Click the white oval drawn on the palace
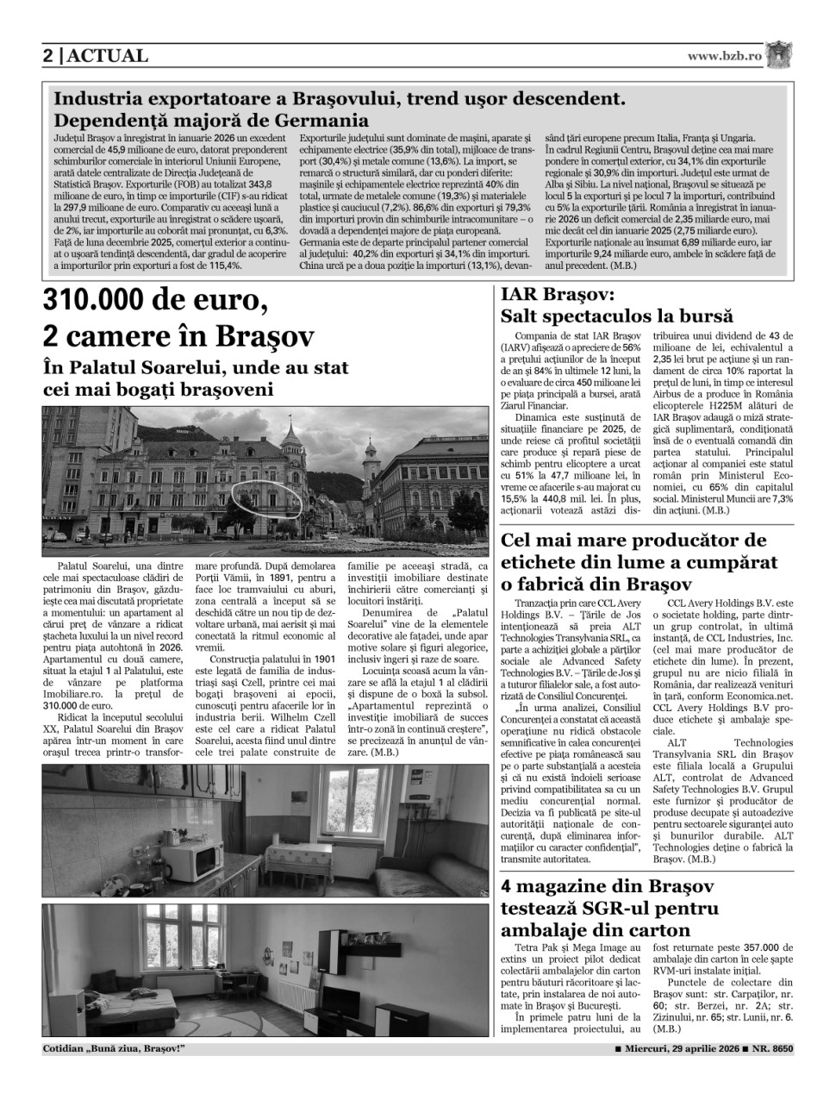(266, 499)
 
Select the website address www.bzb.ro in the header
(724, 55)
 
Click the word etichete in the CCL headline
(541, 562)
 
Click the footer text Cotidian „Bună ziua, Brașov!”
(115, 1048)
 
